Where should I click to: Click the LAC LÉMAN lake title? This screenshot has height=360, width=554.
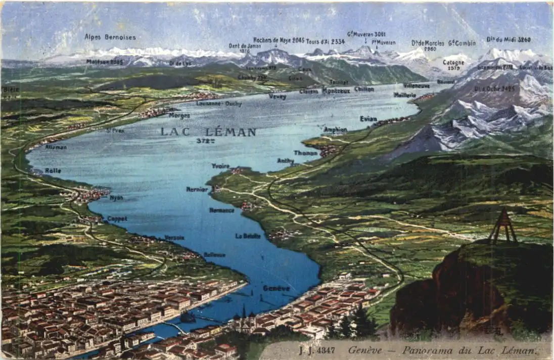click(x=208, y=132)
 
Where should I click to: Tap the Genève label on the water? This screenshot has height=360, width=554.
click(x=276, y=288)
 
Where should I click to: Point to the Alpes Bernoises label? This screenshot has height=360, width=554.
click(x=110, y=37)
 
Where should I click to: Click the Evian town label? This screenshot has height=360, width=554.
click(x=368, y=119)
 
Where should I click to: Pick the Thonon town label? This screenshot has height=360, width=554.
click(x=305, y=153)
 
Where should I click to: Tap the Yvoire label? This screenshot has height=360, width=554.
click(x=220, y=166)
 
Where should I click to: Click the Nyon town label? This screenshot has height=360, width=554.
click(x=116, y=198)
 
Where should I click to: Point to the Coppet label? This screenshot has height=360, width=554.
click(x=117, y=219)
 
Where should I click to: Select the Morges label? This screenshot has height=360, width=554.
click(x=179, y=116)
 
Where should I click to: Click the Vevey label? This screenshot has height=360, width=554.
click(x=278, y=97)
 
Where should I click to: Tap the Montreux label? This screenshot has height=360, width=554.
click(x=336, y=91)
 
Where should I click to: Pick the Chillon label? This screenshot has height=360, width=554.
click(x=364, y=89)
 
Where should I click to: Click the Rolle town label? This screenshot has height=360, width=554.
click(x=53, y=171)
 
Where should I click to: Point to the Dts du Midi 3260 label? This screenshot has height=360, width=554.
click(x=509, y=39)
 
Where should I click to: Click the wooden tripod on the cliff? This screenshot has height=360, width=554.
click(x=502, y=227)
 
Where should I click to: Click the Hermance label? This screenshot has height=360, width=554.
click(x=221, y=210)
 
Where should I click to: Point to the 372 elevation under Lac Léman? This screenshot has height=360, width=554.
click(x=205, y=141)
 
